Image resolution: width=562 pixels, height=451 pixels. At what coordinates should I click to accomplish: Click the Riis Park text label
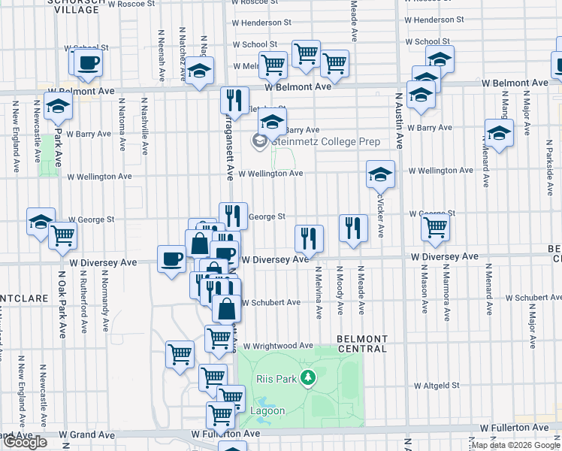pos(275,379)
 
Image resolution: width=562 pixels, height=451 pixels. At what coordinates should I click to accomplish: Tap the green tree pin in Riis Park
pos(307,377)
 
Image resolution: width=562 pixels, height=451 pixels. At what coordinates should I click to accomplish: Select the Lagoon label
pos(267,411)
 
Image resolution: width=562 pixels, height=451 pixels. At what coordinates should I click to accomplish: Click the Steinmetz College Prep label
pos(325,141)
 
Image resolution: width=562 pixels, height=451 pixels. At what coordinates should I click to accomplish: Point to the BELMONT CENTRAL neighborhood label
pos(361,344)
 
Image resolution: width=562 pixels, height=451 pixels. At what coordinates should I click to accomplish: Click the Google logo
pos(24,442)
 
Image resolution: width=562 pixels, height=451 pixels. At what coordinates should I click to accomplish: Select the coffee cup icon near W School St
pos(88,62)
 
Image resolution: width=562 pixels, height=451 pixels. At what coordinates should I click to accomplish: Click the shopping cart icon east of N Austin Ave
pos(435,227)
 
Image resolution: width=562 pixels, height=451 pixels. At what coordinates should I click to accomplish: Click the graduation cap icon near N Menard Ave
pos(498,134)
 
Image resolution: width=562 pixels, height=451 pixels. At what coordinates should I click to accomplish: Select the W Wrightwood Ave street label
pos(277,346)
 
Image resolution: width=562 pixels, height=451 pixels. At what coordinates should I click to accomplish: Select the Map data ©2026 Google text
pos(516,445)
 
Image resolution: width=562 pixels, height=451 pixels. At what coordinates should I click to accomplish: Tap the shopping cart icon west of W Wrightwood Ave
pos(180,353)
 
